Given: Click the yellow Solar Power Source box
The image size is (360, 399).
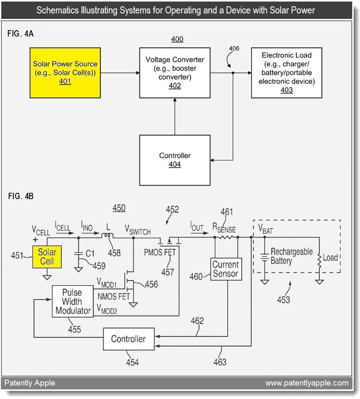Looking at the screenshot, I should point(65,72).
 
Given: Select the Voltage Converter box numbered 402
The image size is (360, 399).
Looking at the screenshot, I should point(175,72).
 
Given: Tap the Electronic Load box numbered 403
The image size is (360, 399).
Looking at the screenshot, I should point(286,72).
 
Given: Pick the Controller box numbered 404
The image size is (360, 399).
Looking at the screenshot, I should point(175,160).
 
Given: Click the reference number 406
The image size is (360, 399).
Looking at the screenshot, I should point(234,49).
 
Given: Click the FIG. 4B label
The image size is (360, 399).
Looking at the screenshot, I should point(20,196).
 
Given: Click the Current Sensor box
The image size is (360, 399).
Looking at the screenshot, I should point(226,269).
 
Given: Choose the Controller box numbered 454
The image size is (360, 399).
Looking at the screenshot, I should point(128,339).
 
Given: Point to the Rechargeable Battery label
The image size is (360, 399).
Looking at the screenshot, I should point(291,256).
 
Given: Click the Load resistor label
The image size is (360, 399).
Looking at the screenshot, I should point(330,258).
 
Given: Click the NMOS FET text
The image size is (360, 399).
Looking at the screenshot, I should point(113,296).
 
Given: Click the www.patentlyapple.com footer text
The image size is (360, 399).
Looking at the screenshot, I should point(306,383).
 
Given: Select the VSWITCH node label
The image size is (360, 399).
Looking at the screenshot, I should point(137,231).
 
